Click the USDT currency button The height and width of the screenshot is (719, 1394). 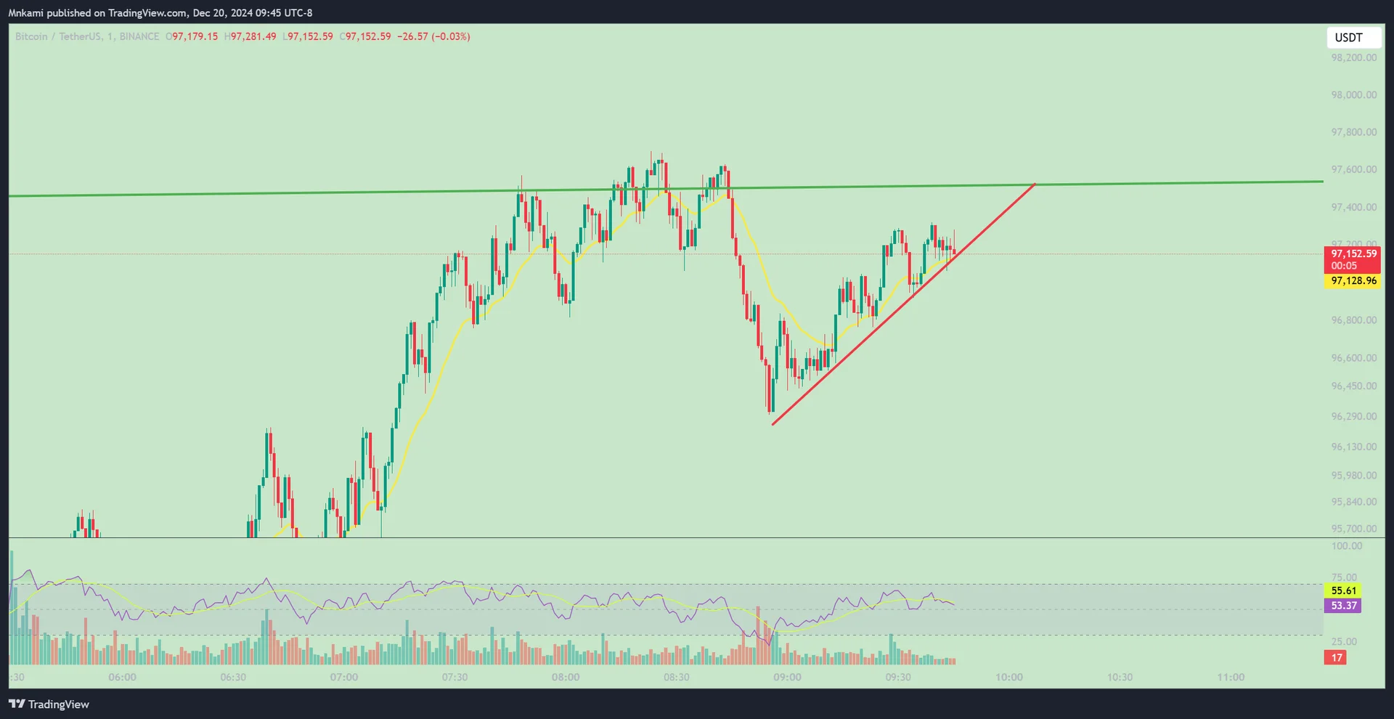1348,38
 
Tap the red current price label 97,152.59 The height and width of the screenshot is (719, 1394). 1353,254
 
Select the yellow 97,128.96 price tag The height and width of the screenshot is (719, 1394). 1353,281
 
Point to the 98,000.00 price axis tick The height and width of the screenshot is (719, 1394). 1353,95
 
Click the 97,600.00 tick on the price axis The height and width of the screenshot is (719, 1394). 1353,170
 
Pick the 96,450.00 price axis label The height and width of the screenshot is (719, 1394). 1353,386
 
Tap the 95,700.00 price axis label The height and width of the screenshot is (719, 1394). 1353,529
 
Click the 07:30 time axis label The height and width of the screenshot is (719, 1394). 455,678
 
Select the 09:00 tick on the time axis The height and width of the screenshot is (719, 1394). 787,678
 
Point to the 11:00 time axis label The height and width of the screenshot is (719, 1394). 1231,678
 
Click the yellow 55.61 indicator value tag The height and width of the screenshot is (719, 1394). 1344,591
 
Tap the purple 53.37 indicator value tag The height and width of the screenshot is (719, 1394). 1344,606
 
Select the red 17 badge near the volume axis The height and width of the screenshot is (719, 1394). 1337,658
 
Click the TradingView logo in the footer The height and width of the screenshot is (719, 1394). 49,704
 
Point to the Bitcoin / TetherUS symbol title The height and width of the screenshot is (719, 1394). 59,36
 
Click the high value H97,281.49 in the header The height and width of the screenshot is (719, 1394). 250,36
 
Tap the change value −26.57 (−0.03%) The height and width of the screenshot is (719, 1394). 433,36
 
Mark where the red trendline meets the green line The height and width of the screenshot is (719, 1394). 1035,185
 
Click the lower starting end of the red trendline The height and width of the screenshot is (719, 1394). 773,424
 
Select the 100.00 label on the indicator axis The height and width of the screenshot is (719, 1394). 1347,546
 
